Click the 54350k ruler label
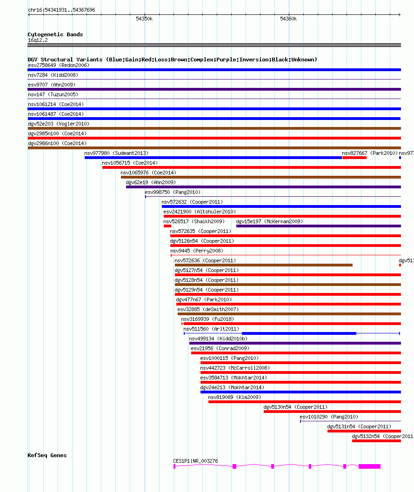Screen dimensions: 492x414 tap(144, 19)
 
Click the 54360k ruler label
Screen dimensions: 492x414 tap(288, 19)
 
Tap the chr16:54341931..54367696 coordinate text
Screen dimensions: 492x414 tap(61, 10)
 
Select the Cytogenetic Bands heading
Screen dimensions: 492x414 tap(55, 34)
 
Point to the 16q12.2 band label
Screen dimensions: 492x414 tap(38, 40)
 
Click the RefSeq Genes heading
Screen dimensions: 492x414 tap(47, 455)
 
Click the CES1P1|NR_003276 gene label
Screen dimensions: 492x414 tap(195, 461)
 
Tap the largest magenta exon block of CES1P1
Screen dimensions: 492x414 tap(369, 466)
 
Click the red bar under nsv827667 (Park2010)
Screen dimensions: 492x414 tap(354, 158)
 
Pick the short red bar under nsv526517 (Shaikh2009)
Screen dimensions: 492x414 tap(167, 226)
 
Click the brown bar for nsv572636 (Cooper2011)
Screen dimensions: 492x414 tap(263, 265)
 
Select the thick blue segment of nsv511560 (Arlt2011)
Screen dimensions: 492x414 tap(299, 333)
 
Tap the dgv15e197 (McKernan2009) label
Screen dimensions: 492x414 tap(269, 221)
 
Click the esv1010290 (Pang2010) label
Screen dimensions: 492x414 tap(329, 417)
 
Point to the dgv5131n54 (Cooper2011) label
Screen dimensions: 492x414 tap(359, 426)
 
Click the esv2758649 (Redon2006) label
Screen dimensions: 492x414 tap(59, 65)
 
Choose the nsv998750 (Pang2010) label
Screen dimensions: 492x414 tap(173, 192)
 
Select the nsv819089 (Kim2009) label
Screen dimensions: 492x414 tap(234, 397)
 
